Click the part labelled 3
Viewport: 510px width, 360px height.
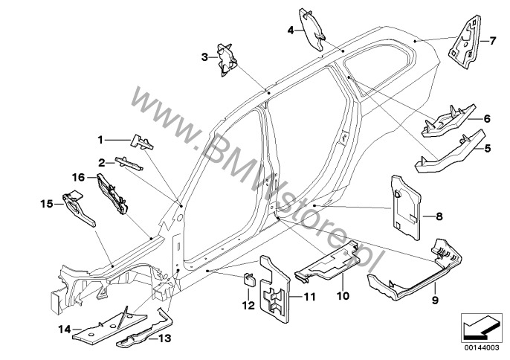click(227, 58)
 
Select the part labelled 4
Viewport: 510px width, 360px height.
click(313, 23)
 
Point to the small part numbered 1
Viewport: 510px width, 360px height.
click(141, 140)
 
